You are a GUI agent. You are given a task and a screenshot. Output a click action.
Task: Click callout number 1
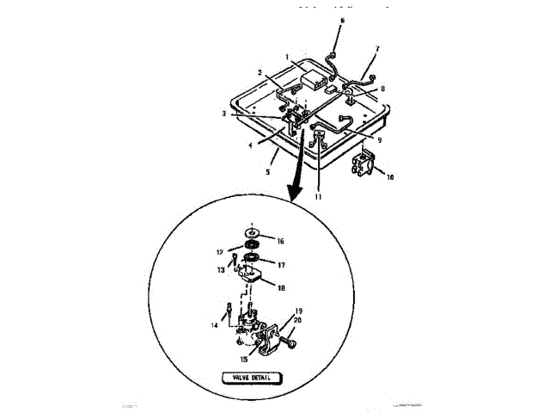pyautogui.click(x=289, y=59)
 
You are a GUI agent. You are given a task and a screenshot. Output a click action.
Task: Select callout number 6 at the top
pyautogui.click(x=341, y=19)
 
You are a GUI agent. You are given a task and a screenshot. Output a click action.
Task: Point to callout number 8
pyautogui.click(x=383, y=88)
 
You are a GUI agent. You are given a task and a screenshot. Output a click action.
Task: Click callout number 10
pyautogui.click(x=391, y=177)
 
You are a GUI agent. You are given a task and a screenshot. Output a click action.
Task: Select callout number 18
pyautogui.click(x=281, y=289)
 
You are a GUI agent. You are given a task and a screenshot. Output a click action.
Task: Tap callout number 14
pyautogui.click(x=214, y=324)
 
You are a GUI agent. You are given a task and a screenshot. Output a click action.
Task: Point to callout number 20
pyautogui.click(x=297, y=319)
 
